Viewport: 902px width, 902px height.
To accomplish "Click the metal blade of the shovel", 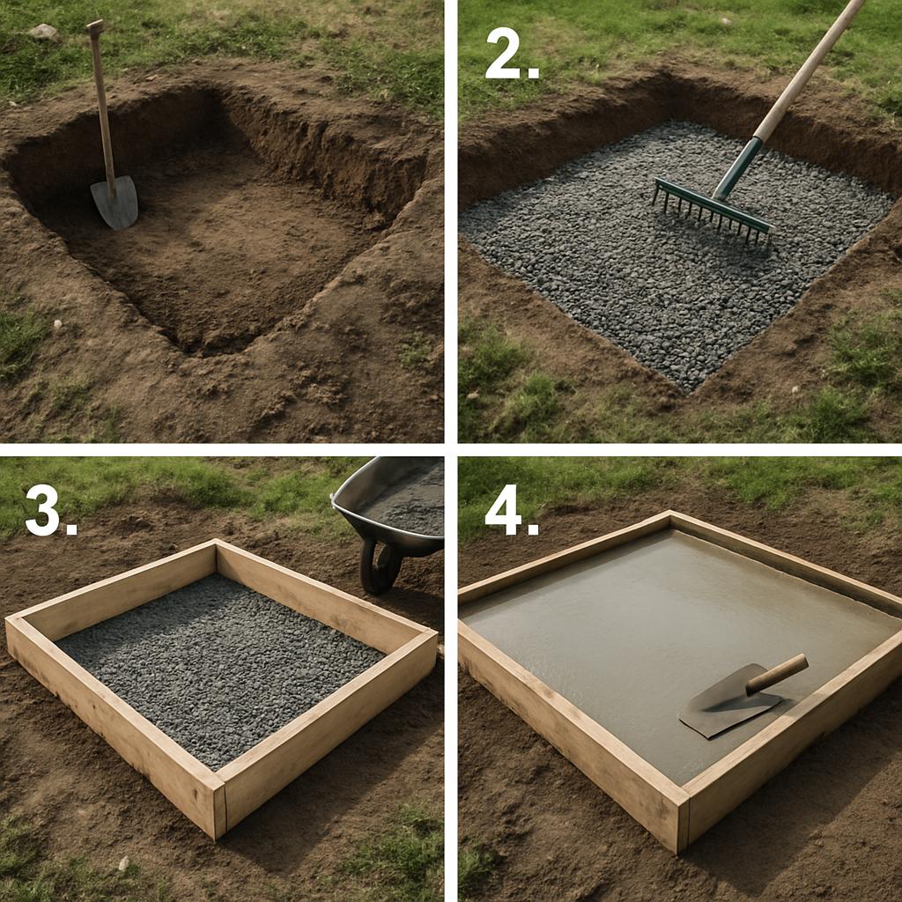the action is (115, 203).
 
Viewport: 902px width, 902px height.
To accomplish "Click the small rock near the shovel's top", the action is (42, 32).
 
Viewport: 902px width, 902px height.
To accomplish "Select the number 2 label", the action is (512, 53).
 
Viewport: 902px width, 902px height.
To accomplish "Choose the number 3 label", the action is (50, 510).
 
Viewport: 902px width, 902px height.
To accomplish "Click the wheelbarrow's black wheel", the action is (379, 566).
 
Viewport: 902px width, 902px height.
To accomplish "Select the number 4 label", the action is (512, 510).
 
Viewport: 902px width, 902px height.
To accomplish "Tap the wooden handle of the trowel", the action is (777, 673).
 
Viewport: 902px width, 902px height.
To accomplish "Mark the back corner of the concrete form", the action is (670, 514).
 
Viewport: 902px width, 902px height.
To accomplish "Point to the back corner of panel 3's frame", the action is (217, 542).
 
